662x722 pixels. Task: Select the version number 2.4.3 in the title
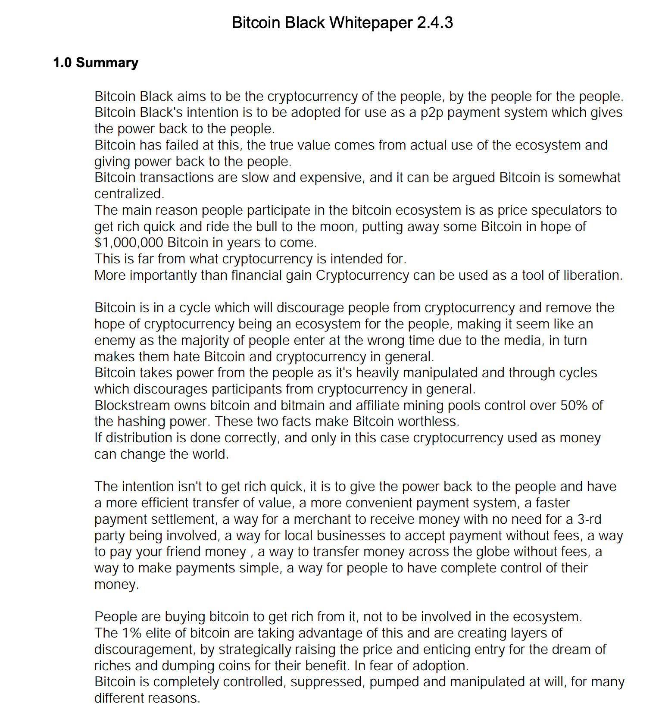435,23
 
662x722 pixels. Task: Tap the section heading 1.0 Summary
96,63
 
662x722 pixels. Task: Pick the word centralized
128,194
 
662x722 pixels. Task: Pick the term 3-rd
589,519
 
